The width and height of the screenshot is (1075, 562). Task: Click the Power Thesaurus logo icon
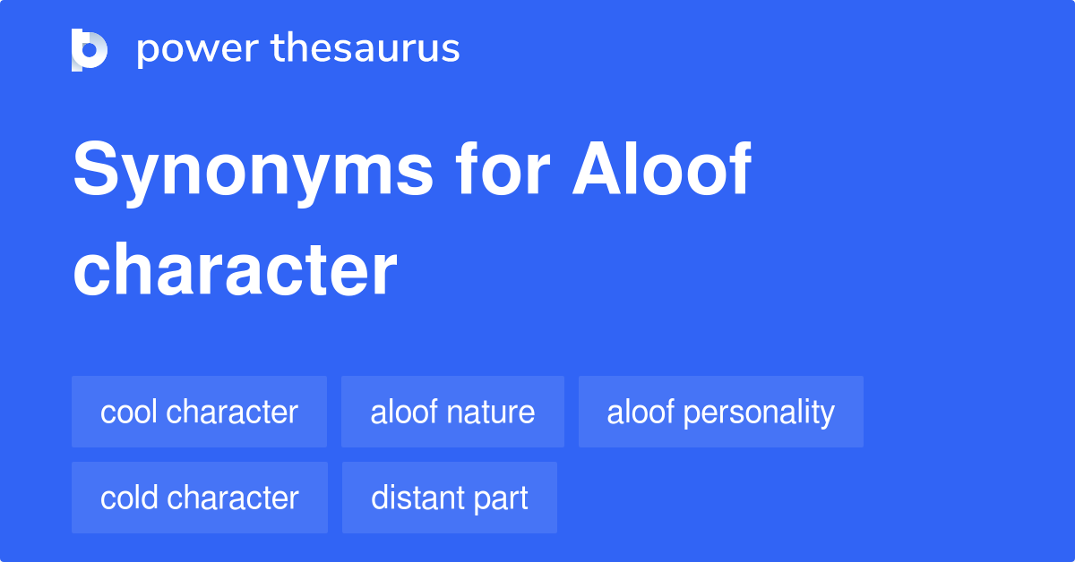(x=90, y=49)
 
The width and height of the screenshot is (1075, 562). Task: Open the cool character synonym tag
(x=199, y=412)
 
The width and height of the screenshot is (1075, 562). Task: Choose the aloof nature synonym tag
(x=452, y=412)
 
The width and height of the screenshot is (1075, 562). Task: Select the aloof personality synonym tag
(x=720, y=412)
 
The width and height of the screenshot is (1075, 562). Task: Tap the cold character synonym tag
(x=199, y=498)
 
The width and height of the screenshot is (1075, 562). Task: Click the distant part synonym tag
(x=449, y=498)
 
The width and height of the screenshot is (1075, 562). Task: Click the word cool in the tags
(x=129, y=412)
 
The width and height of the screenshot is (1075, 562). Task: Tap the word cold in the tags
(x=129, y=498)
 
